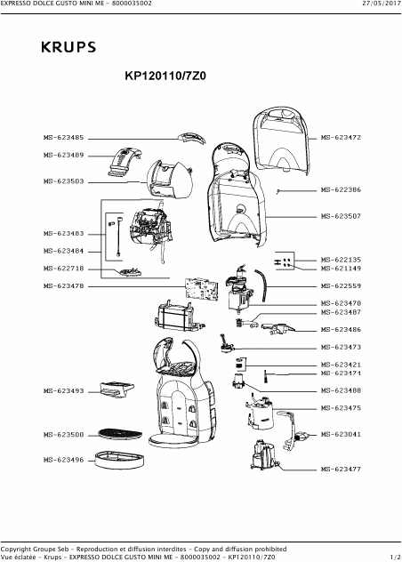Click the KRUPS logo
pyautogui.click(x=68, y=47)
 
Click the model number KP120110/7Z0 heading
pyautogui.click(x=165, y=76)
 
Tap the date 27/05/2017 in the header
pyautogui.click(x=382, y=4)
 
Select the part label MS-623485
pyautogui.click(x=63, y=138)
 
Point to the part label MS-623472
pyautogui.click(x=341, y=137)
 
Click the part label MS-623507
pyautogui.click(x=341, y=216)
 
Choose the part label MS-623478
pyautogui.click(x=63, y=286)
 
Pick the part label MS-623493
pyautogui.click(x=63, y=391)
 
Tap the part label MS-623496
pyautogui.click(x=63, y=460)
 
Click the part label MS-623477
pyautogui.click(x=341, y=469)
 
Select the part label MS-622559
pyautogui.click(x=341, y=286)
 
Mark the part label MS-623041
pyautogui.click(x=341, y=435)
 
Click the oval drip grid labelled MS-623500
pyautogui.click(x=120, y=434)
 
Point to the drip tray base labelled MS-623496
pyautogui.click(x=119, y=460)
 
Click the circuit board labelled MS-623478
pyautogui.click(x=201, y=288)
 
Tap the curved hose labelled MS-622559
pyautogui.click(x=263, y=285)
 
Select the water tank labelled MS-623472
pyautogui.click(x=281, y=140)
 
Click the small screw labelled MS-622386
pyautogui.click(x=277, y=192)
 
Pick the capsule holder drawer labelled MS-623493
pyautogui.click(x=117, y=389)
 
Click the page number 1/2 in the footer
pyautogui.click(x=395, y=557)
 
